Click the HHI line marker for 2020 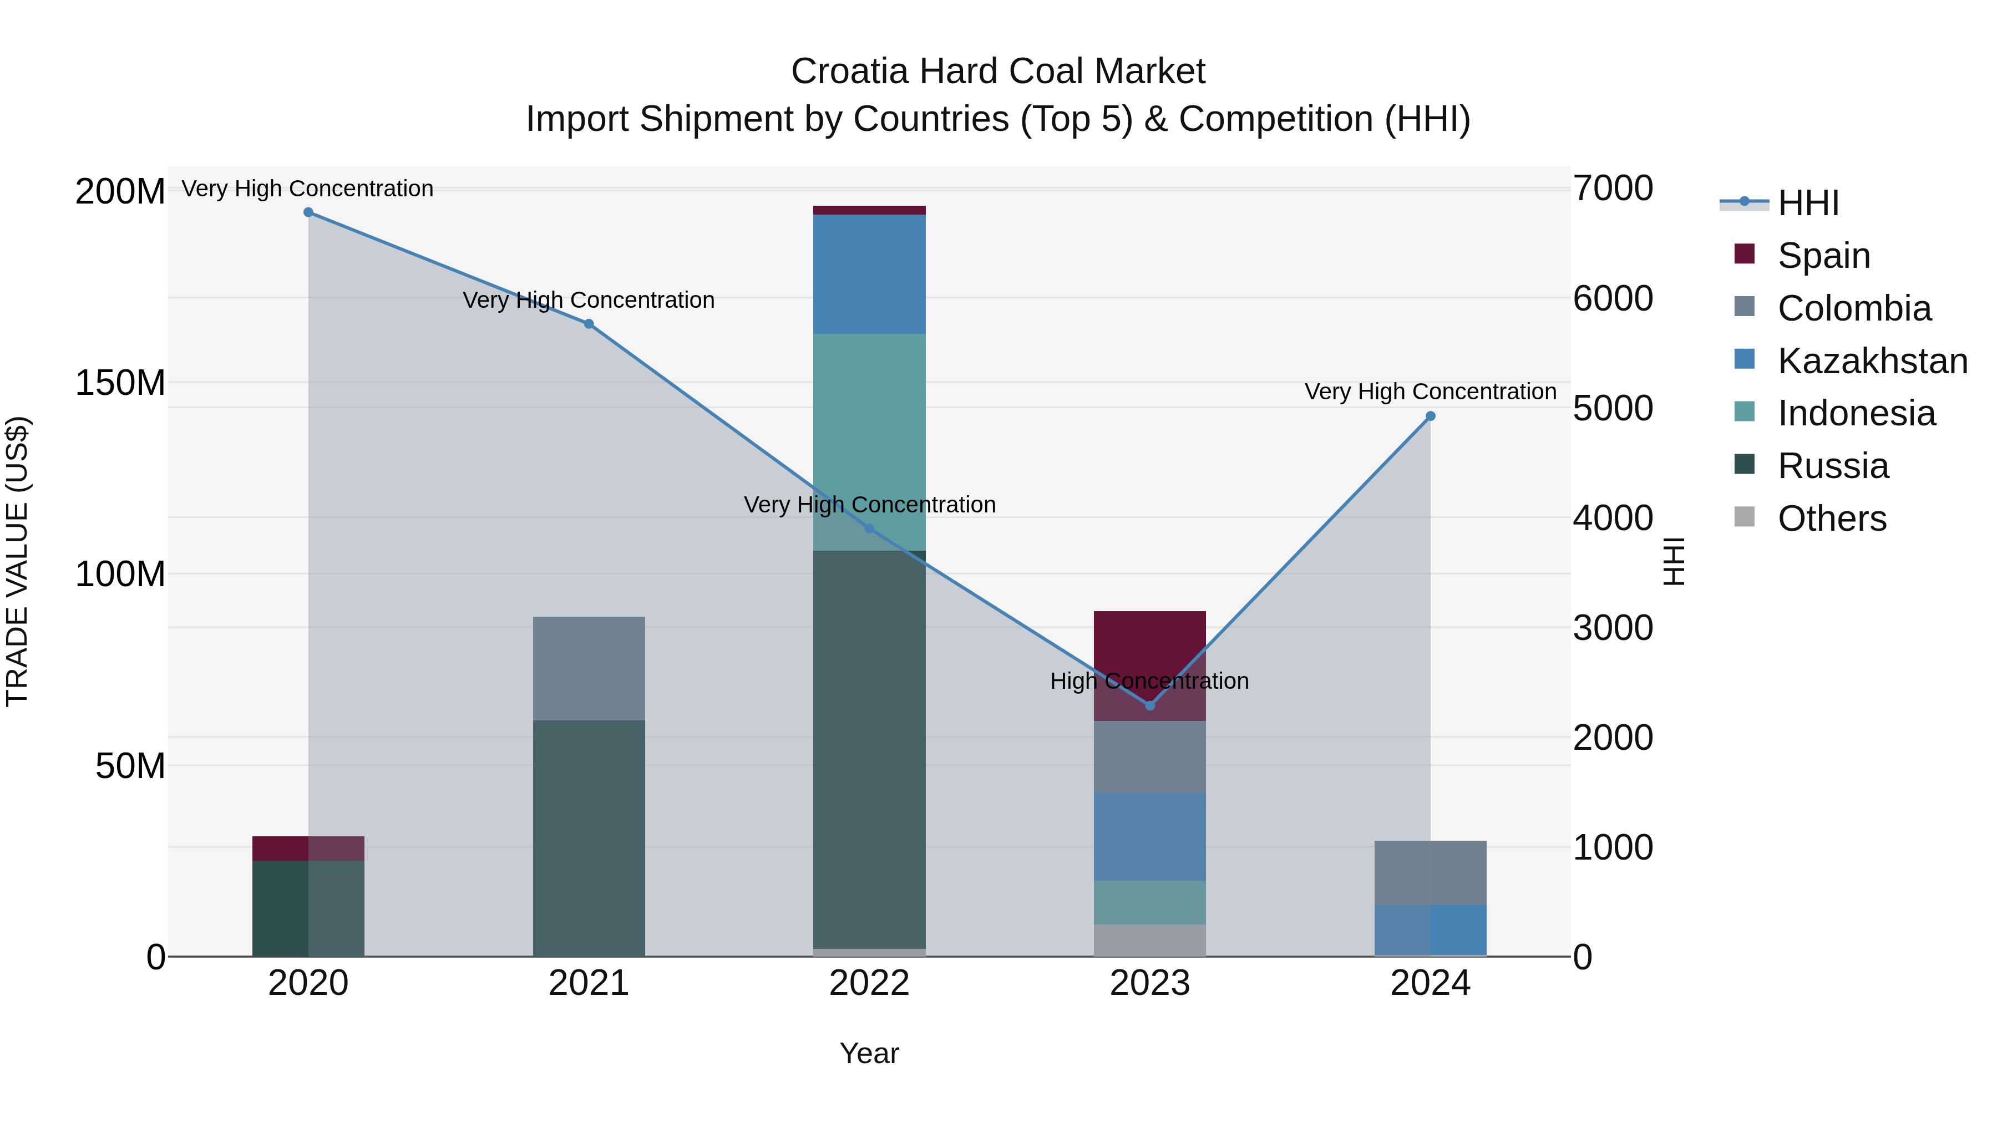pyautogui.click(x=308, y=212)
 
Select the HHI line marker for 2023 pyautogui.click(x=1150, y=706)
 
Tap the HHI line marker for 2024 pyautogui.click(x=1430, y=416)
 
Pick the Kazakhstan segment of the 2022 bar pyautogui.click(x=869, y=275)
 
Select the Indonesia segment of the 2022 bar pyautogui.click(x=869, y=442)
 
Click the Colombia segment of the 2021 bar pyautogui.click(x=589, y=668)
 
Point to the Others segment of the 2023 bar pyautogui.click(x=1150, y=940)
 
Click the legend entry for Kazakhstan pyautogui.click(x=1872, y=361)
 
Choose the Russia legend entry pyautogui.click(x=1833, y=466)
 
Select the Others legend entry pyautogui.click(x=1831, y=519)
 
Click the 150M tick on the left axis pyautogui.click(x=120, y=383)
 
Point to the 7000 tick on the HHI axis pyautogui.click(x=1613, y=189)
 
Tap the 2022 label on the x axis pyautogui.click(x=869, y=983)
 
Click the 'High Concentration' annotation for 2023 pyautogui.click(x=1150, y=681)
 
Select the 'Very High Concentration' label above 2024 pyautogui.click(x=1430, y=392)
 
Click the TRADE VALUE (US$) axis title pyautogui.click(x=17, y=561)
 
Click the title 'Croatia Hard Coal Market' pyautogui.click(x=998, y=72)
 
